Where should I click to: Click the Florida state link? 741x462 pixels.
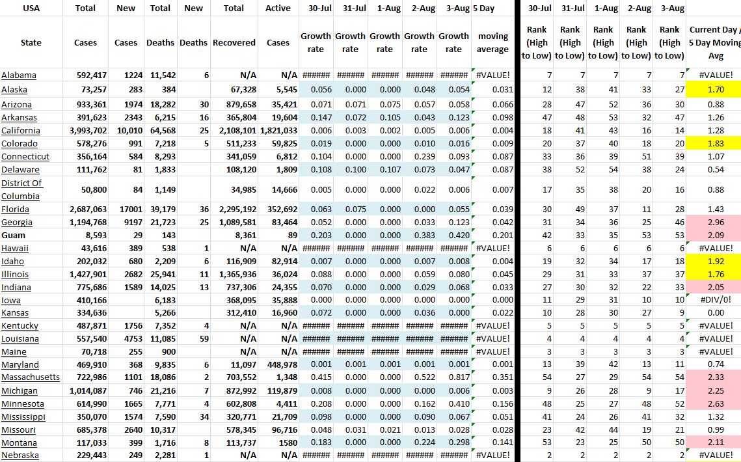pos(15,209)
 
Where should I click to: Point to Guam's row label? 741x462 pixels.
pos(13,235)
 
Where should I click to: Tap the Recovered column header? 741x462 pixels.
pos(234,43)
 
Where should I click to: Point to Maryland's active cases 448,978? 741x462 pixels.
pos(280,365)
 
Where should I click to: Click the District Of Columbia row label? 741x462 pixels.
pos(22,189)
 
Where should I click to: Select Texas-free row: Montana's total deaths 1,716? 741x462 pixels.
pos(161,442)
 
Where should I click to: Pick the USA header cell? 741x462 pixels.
pos(31,8)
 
